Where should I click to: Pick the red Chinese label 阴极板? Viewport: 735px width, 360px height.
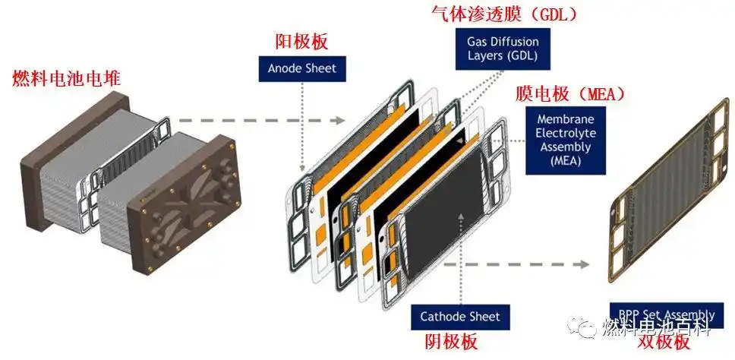tap(448, 342)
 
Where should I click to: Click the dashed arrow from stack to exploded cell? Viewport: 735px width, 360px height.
tap(251, 119)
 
